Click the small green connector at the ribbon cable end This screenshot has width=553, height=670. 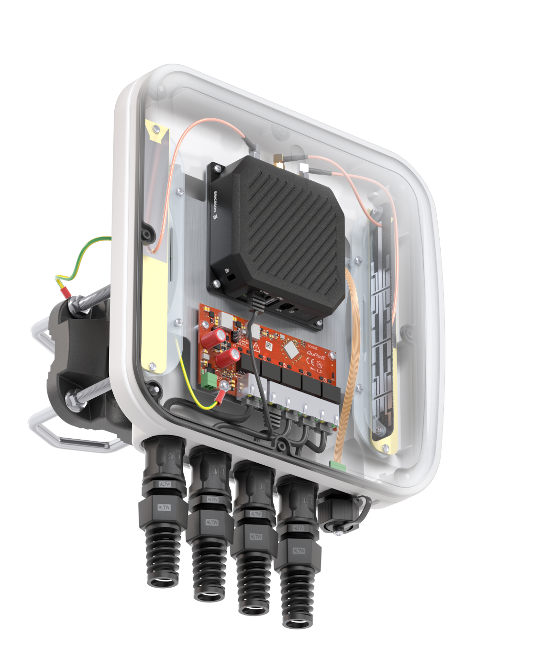[x=336, y=464]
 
